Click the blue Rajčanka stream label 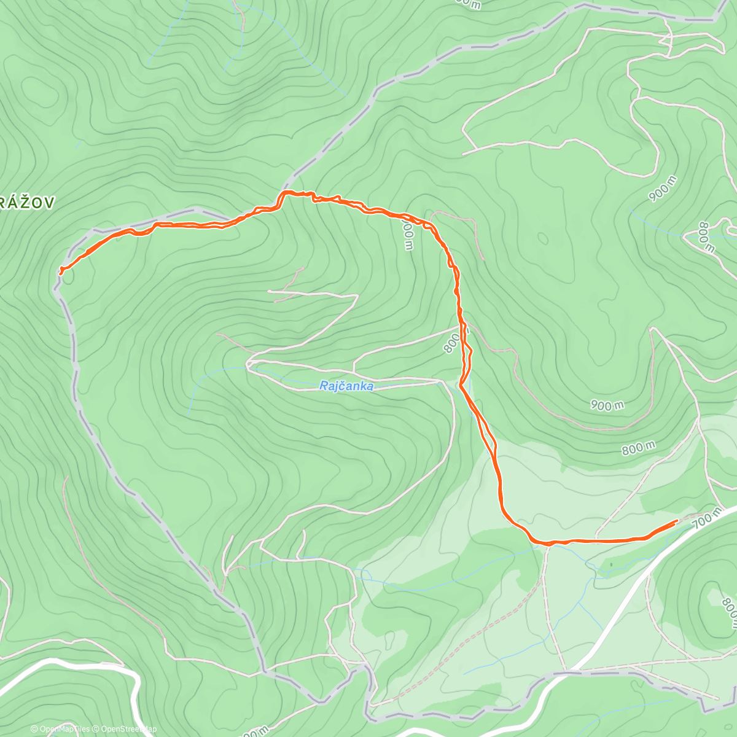coord(346,386)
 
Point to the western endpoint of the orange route coord(61,270)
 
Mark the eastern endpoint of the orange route coord(676,521)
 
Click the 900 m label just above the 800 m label coord(607,405)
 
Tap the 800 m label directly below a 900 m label coord(638,449)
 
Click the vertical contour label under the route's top coord(407,235)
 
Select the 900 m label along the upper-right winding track coord(663,189)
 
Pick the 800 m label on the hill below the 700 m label coord(728,614)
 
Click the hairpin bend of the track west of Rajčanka coord(249,365)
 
